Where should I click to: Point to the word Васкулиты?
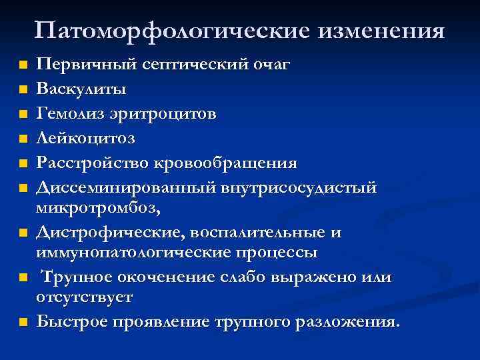81,87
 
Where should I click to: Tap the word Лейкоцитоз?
86,139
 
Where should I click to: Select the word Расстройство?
91,163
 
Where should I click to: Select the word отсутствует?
85,296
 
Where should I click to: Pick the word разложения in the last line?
346,322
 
